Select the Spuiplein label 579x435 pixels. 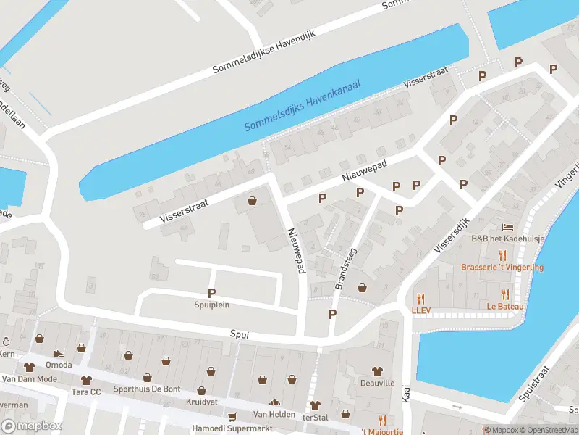tap(211, 304)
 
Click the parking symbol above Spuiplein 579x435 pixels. tap(211, 293)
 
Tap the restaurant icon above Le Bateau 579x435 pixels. tap(505, 294)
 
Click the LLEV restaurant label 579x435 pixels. tap(421, 310)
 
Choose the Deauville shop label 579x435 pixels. tap(377, 382)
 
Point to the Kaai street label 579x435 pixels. tap(406, 394)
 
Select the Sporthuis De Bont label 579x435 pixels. tap(147, 389)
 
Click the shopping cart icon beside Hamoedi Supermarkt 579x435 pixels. tap(232, 416)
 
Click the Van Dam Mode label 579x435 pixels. tap(29, 379)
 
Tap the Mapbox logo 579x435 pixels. tap(32, 426)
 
